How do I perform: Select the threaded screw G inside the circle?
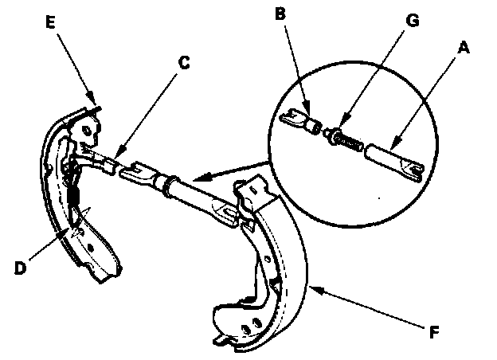[344, 138]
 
